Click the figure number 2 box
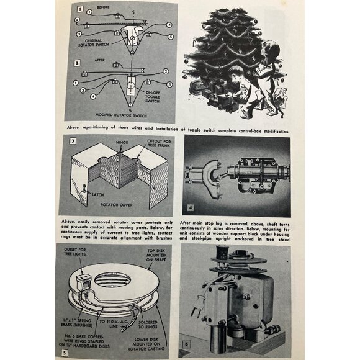77,63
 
